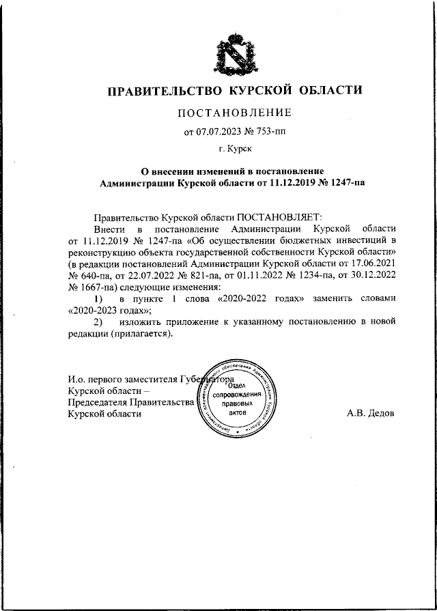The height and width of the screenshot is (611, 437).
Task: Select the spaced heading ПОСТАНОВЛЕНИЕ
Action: [235, 112]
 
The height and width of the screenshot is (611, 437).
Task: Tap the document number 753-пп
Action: [272, 131]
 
